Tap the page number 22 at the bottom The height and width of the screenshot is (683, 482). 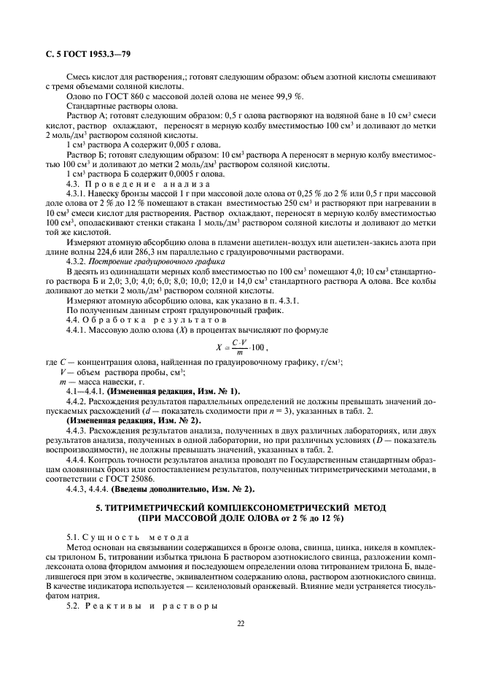pos(240,623)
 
